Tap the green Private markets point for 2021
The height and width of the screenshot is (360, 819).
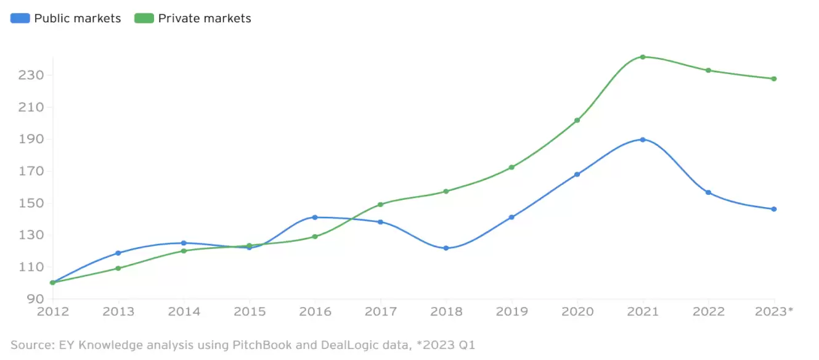point(643,57)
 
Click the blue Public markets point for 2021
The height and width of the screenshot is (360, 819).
point(643,139)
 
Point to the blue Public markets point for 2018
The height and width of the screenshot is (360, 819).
point(446,248)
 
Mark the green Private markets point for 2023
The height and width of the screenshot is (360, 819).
point(774,79)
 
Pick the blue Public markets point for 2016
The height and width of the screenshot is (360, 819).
point(315,217)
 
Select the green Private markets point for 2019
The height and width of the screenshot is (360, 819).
point(511,167)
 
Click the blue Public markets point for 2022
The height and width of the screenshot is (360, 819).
point(709,192)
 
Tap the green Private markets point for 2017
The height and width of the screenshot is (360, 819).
point(380,204)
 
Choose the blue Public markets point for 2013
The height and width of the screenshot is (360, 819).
point(118,253)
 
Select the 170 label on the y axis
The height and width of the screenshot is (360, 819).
point(30,171)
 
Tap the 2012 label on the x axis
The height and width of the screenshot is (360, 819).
point(52,312)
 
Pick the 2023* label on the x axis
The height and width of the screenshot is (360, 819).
point(774,312)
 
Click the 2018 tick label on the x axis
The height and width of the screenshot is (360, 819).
point(446,312)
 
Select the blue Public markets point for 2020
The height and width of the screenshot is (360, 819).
point(577,174)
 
